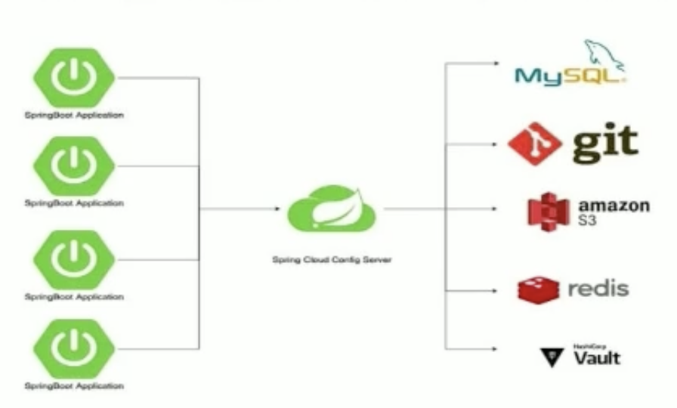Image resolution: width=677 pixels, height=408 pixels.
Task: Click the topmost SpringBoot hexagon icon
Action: pyautogui.click(x=74, y=76)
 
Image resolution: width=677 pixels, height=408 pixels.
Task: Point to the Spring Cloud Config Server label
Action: pyautogui.click(x=327, y=260)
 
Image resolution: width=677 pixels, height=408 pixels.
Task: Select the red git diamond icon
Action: pyautogui.click(x=535, y=143)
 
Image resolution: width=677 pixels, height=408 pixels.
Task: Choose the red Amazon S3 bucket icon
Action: pyautogui.click(x=548, y=210)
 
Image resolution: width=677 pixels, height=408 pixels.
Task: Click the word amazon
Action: pyautogui.click(x=614, y=206)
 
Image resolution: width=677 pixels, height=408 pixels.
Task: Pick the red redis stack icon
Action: pyautogui.click(x=539, y=289)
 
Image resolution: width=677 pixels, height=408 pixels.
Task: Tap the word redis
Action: pyautogui.click(x=598, y=288)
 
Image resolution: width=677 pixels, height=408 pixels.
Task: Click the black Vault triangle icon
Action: pyautogui.click(x=551, y=357)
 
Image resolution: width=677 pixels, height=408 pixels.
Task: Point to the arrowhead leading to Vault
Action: pyautogui.click(x=493, y=348)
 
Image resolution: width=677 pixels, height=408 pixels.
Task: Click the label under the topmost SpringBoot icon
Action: pyautogui.click(x=74, y=116)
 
